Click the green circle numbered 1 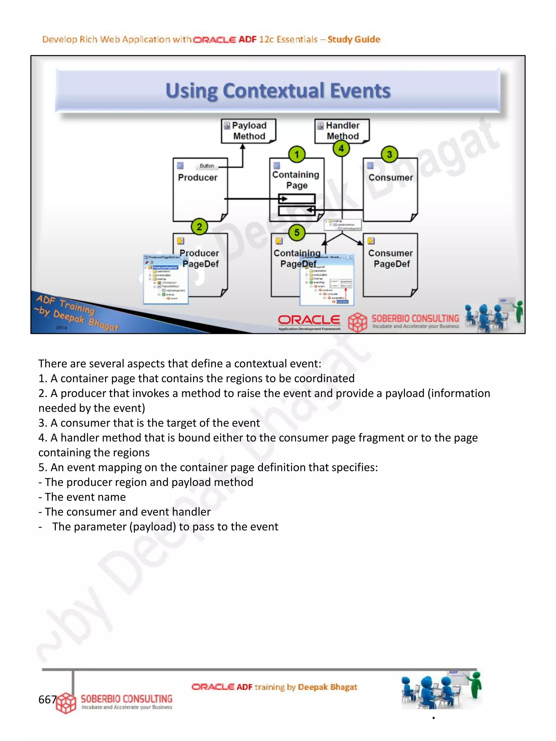pyautogui.click(x=297, y=154)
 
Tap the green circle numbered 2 pyautogui.click(x=200, y=227)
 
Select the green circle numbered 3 pyautogui.click(x=389, y=154)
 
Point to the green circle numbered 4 pyautogui.click(x=341, y=148)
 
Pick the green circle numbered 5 pyautogui.click(x=297, y=233)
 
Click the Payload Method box pyautogui.click(x=248, y=131)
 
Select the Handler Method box pyautogui.click(x=342, y=131)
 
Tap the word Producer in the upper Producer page pyautogui.click(x=197, y=177)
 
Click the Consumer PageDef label pyautogui.click(x=391, y=258)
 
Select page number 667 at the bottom pyautogui.click(x=47, y=699)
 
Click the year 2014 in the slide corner pyautogui.click(x=61, y=327)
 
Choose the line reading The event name pyautogui.click(x=85, y=497)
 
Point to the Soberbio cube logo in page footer pyautogui.click(x=66, y=703)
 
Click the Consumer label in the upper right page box pyautogui.click(x=390, y=177)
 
